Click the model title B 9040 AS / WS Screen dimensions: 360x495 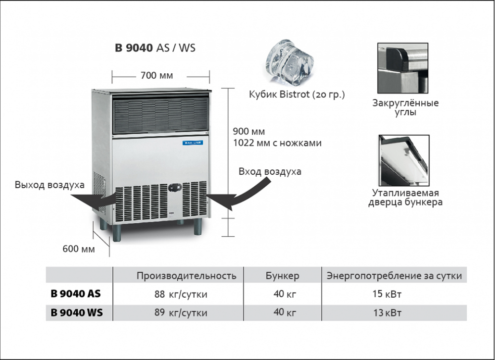coord(155,49)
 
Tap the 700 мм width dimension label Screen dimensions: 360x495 coord(156,76)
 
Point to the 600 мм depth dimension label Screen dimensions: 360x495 coord(78,249)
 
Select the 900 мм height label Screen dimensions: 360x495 coord(249,132)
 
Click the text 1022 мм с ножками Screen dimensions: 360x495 coord(277,143)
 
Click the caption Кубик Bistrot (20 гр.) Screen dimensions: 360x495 coord(297,94)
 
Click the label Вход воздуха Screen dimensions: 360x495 coord(270,172)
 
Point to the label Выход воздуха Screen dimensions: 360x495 coord(49,185)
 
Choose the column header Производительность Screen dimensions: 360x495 coord(186,276)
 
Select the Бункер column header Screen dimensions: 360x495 coord(282,276)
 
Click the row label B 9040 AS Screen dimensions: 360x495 coord(76,294)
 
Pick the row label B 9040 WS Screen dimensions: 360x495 coord(77,312)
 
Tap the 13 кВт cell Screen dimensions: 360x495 coord(387,312)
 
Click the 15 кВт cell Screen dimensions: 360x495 coord(387,294)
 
